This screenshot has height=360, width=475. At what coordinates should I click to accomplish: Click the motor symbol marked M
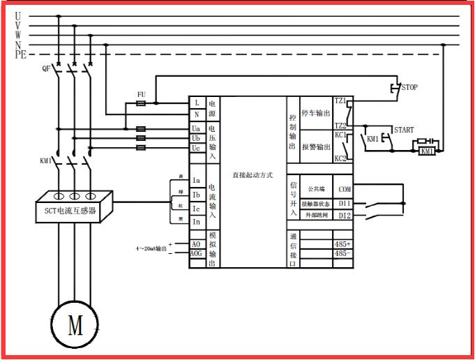tap(74, 322)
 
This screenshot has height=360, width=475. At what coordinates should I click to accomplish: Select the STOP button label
tap(409, 88)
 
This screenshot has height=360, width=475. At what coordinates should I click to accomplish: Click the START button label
tap(404, 130)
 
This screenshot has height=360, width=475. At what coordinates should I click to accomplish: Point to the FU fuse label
tap(141, 93)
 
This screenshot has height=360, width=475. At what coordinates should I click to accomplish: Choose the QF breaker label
tap(46, 68)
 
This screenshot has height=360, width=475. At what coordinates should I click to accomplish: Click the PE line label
tap(20, 54)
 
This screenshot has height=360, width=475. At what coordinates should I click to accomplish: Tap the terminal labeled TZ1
tap(341, 101)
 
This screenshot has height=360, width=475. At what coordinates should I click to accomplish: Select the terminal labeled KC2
tap(341, 158)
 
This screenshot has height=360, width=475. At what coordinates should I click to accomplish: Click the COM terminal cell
tap(345, 189)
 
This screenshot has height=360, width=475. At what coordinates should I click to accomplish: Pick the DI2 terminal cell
tap(345, 216)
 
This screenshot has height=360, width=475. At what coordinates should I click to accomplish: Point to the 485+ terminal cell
tap(343, 243)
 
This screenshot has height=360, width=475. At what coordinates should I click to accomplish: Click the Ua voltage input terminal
tap(197, 129)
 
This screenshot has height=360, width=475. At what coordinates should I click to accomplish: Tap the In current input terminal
tap(197, 222)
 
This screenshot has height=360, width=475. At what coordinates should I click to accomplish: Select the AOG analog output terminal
tap(197, 253)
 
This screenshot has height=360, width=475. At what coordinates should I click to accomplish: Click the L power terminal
tap(197, 103)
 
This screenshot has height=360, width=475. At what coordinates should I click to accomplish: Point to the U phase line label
tap(18, 15)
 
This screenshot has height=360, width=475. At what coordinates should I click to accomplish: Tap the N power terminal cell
tap(197, 114)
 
